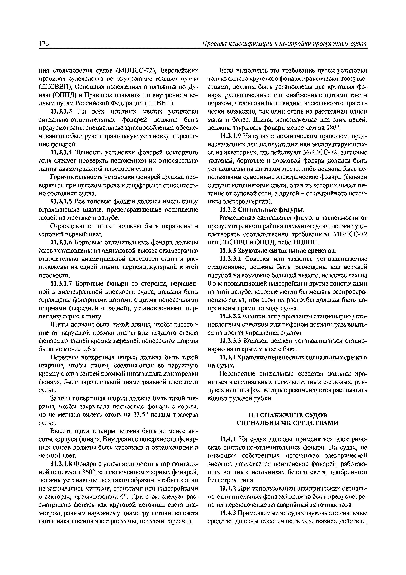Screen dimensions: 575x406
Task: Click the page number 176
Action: tap(44, 44)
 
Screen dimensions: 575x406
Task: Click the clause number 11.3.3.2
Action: tap(230, 317)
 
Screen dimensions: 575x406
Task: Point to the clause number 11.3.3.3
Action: tap(230, 341)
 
